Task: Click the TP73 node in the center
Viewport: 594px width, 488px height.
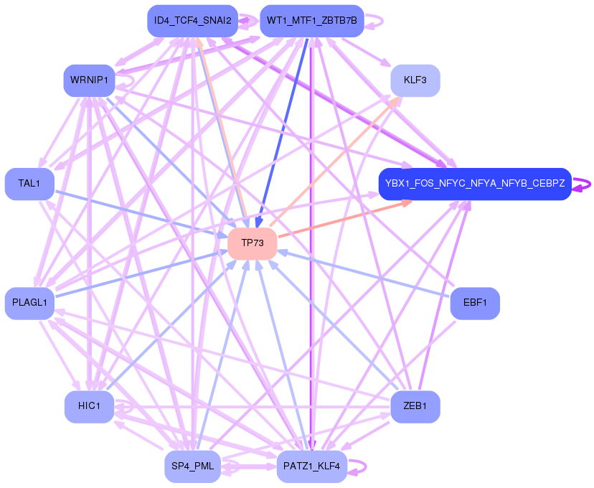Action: click(253, 243)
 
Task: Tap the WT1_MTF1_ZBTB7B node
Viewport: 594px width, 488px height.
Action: click(311, 21)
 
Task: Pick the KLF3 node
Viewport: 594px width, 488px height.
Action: click(415, 80)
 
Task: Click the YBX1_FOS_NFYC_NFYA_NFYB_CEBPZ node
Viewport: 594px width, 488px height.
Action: click(474, 184)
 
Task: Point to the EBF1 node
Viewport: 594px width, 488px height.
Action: click(475, 303)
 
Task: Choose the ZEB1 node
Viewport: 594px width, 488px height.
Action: click(415, 407)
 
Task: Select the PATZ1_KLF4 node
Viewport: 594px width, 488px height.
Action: click(311, 467)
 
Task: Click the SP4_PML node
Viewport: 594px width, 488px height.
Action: click(189, 466)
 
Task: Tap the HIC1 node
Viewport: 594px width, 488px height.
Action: click(89, 407)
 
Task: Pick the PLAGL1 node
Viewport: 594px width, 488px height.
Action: click(29, 303)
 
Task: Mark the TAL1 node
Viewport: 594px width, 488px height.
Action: click(29, 184)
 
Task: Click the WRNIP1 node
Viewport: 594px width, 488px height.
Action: click(89, 80)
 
